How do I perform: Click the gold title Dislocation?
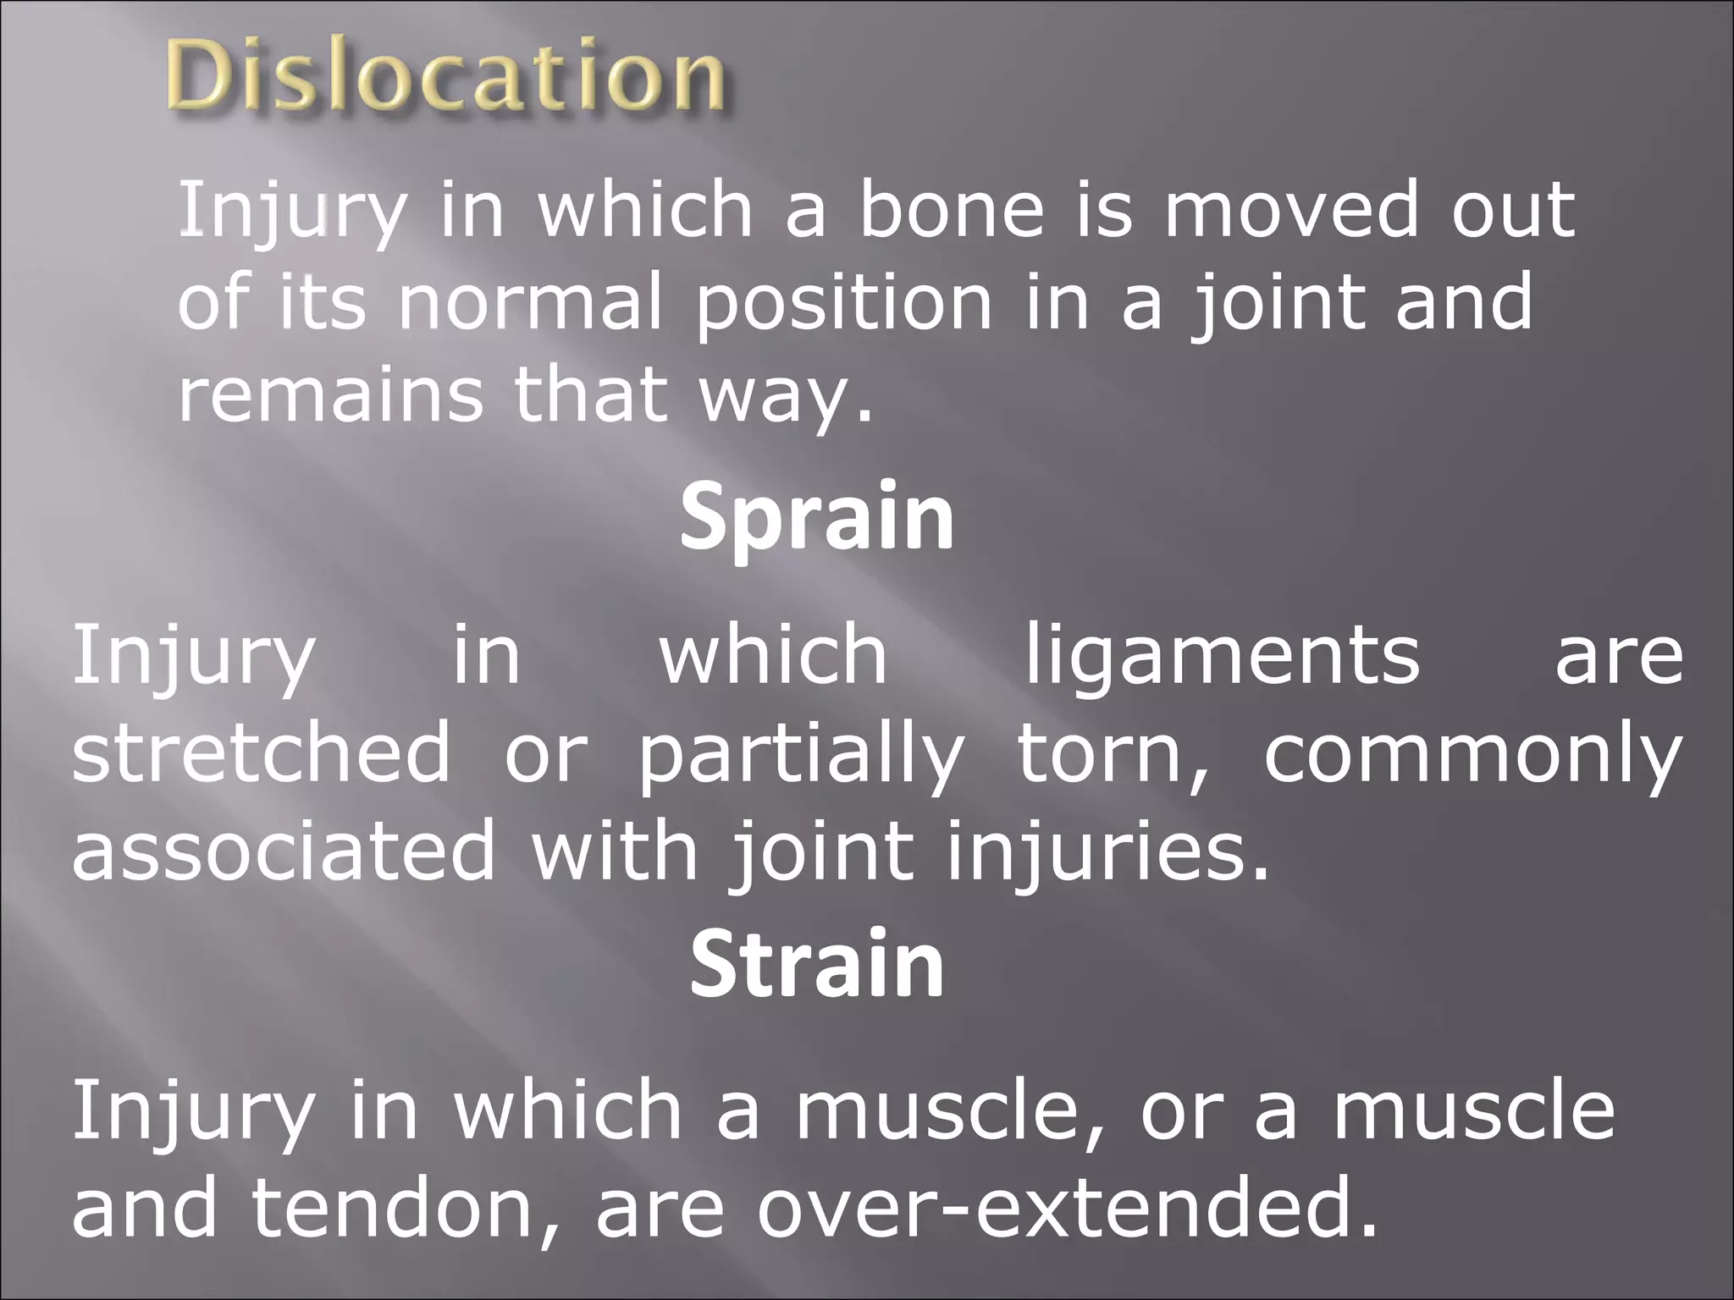[x=446, y=78]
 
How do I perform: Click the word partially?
[x=801, y=753]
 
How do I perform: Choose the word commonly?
[x=1472, y=753]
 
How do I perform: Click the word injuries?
[x=1108, y=851]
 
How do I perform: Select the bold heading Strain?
[x=816, y=966]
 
